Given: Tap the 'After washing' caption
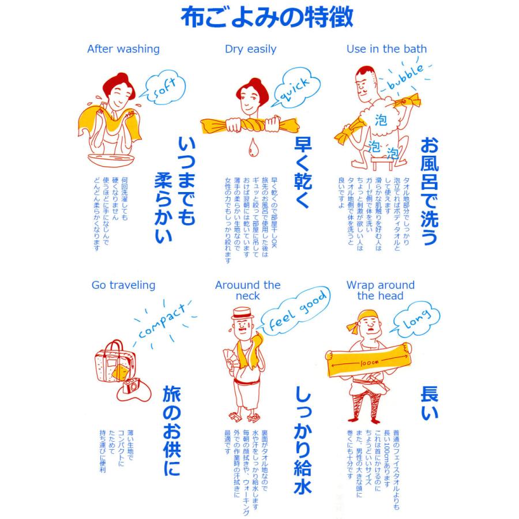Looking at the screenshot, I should pos(123,49).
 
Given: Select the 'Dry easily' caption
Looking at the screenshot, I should pos(250,49).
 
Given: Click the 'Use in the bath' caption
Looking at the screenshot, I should pos(386,49).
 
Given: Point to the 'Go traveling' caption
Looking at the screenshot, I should pos(123,285).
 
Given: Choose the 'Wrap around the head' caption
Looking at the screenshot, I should pos(380,291).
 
